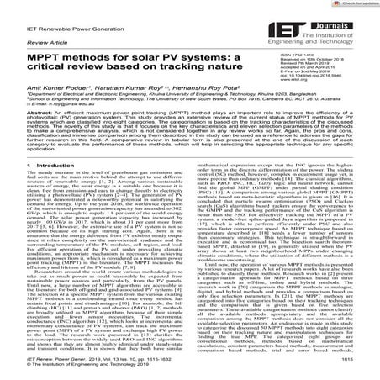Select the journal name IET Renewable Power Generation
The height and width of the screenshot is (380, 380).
click(x=50, y=25)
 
